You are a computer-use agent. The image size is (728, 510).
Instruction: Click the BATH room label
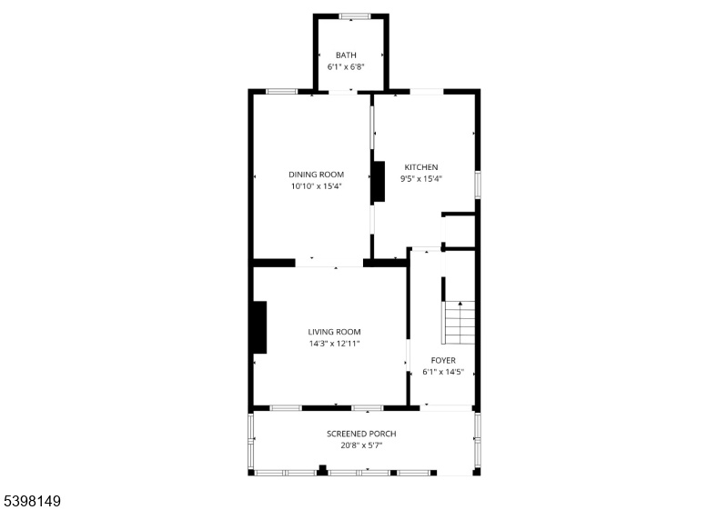pyautogui.click(x=346, y=55)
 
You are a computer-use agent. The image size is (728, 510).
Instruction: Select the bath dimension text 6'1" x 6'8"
pyautogui.click(x=346, y=66)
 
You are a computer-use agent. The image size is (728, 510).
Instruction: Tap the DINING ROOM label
pyautogui.click(x=316, y=175)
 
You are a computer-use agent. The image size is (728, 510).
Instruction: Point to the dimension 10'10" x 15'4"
pyautogui.click(x=316, y=186)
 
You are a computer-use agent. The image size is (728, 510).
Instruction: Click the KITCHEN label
pyautogui.click(x=421, y=167)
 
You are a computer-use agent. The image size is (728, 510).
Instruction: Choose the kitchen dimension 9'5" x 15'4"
pyautogui.click(x=421, y=179)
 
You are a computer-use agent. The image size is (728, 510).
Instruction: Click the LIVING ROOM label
pyautogui.click(x=334, y=332)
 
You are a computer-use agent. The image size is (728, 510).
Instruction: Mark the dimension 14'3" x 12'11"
pyautogui.click(x=334, y=344)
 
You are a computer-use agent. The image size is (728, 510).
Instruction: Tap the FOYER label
pyautogui.click(x=443, y=360)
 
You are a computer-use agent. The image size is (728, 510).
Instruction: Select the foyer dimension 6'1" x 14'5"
pyautogui.click(x=443, y=372)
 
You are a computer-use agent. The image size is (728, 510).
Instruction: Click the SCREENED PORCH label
pyautogui.click(x=361, y=434)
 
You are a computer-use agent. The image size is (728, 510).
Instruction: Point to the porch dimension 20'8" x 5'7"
pyautogui.click(x=361, y=445)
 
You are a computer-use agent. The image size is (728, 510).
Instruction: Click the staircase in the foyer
pyautogui.click(x=459, y=323)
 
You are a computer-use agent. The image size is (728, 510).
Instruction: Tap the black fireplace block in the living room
pyautogui.click(x=259, y=327)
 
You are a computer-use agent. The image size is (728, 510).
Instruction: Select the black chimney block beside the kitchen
pyautogui.click(x=379, y=181)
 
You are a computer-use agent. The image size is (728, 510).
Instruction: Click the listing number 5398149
pyautogui.click(x=33, y=501)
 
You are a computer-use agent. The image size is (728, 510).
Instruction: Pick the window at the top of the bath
pyautogui.click(x=355, y=16)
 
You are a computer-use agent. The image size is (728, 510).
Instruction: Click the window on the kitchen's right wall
pyautogui.click(x=477, y=185)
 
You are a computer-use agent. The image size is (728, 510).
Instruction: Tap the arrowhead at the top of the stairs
pyautogui.click(x=460, y=304)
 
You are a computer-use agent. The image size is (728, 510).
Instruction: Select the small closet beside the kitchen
pyautogui.click(x=460, y=231)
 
